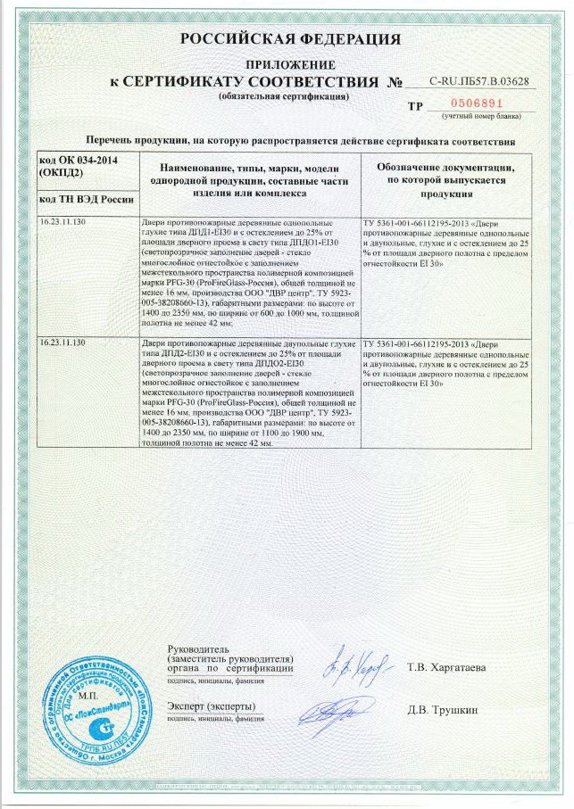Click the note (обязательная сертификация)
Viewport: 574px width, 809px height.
tap(283, 95)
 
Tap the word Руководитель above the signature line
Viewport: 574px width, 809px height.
tap(198, 648)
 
